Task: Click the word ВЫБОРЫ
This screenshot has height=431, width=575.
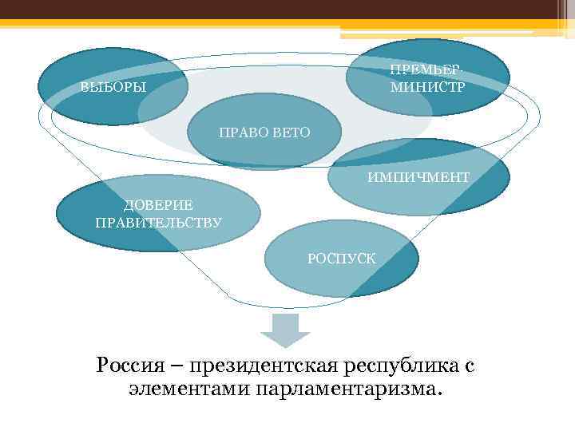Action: pyautogui.click(x=113, y=87)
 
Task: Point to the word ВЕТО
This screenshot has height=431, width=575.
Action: pyautogui.click(x=291, y=131)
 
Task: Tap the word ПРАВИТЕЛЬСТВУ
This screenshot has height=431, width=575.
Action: pyautogui.click(x=158, y=222)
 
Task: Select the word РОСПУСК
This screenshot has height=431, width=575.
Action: pyautogui.click(x=335, y=258)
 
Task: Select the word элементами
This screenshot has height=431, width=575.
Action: pyautogui.click(x=188, y=389)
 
